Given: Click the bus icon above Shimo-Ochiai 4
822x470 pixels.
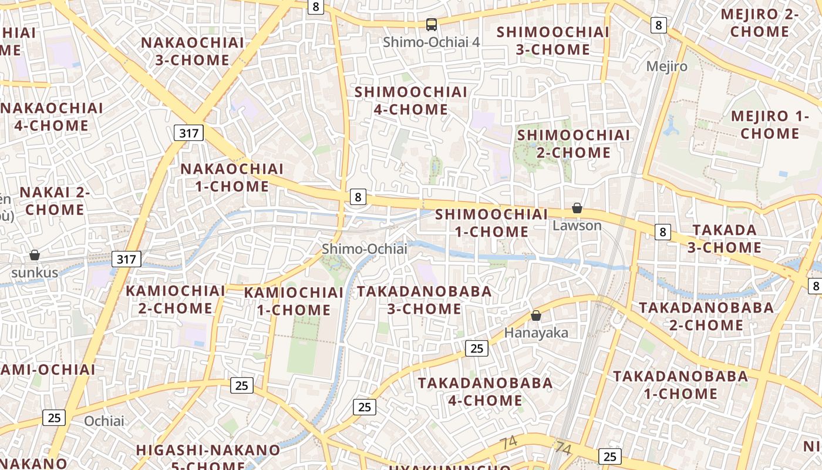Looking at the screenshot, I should [432, 25].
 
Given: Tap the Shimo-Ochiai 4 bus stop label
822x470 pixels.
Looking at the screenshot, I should [432, 42].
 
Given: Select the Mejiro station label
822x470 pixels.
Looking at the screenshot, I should [666, 66].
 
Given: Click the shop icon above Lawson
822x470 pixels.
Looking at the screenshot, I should [577, 208].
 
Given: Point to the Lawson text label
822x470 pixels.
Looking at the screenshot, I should [577, 226].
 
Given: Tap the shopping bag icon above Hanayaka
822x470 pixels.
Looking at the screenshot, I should [535, 315].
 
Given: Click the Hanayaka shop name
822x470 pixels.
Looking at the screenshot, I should [536, 333].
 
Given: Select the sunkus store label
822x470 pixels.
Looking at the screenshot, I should [35, 273].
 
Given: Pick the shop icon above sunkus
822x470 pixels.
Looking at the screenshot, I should [35, 255].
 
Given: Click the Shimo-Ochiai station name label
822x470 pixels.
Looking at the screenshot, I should [365, 249].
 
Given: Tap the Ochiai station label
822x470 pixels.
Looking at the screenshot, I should [105, 421].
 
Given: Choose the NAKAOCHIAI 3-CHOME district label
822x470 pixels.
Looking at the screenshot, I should [193, 51].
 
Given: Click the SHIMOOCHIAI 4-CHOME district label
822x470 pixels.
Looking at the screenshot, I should [411, 100].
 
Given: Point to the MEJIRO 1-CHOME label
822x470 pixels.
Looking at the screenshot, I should [770, 125].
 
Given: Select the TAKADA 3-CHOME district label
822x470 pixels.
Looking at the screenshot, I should [725, 239].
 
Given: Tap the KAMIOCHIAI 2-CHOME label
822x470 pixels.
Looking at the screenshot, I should [176, 299].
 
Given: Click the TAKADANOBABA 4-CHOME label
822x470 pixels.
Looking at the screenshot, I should [485, 392].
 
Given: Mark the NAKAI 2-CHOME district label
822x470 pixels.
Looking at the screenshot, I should [55, 201].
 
